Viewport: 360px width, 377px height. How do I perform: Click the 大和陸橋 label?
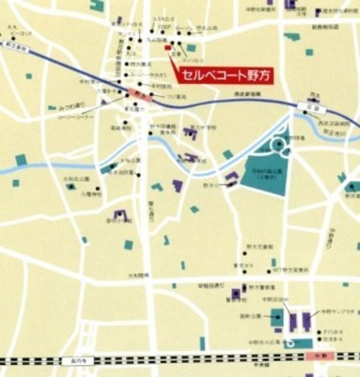point(118,275)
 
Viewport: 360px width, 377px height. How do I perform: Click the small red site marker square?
point(167,48)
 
